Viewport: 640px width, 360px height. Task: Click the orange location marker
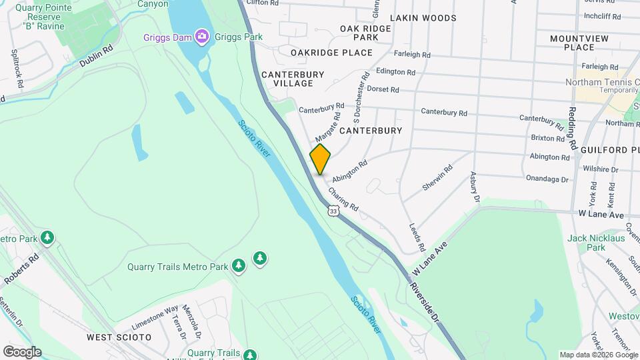coord(320,159)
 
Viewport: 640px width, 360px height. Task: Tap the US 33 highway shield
coord(333,211)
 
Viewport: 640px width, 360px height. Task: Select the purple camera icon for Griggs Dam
coord(201,35)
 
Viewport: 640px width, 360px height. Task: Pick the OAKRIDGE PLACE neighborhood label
coord(331,52)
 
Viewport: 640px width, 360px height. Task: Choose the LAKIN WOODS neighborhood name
coord(433,18)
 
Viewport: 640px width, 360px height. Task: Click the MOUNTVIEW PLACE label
coord(579,43)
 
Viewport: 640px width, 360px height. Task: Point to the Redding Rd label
coord(573,128)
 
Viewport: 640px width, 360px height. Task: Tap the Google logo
coord(22,351)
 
